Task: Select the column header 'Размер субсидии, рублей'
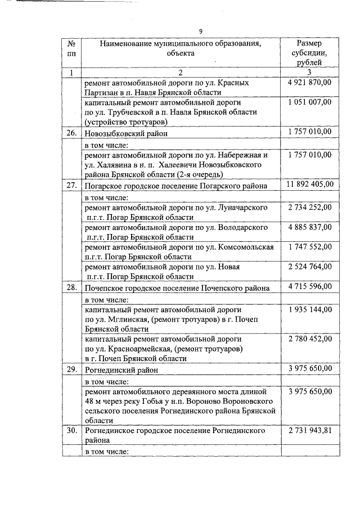[309, 53]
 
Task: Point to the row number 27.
[71, 184]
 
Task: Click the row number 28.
[71, 287]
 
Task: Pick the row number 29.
[71, 370]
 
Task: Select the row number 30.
[71, 430]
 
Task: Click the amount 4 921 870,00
[310, 83]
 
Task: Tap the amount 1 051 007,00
[310, 103]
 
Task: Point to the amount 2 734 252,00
[310, 208]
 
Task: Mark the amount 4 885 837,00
[310, 227]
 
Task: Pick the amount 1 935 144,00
[310, 309]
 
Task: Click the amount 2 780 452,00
[310, 339]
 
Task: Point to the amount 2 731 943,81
[310, 430]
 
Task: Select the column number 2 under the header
[181, 73]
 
